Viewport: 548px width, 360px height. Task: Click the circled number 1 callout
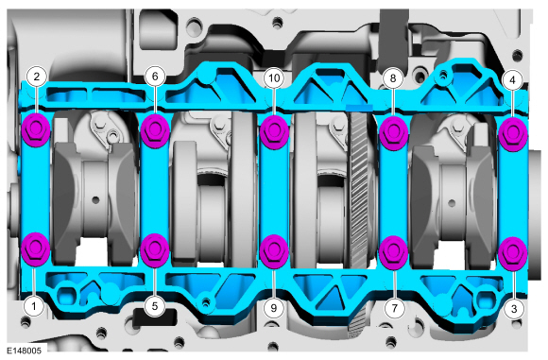[x=34, y=306]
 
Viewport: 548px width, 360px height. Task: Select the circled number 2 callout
[x=36, y=77]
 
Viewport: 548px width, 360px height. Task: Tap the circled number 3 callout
[x=513, y=309]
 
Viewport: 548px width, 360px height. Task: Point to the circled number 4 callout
[x=512, y=80]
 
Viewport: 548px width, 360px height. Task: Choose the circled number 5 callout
[x=154, y=306]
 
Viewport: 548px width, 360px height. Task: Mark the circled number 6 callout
[x=155, y=77]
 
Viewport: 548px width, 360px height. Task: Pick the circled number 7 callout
[x=395, y=308]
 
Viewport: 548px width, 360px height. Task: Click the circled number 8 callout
[x=392, y=78]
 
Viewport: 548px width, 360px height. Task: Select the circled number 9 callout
[x=274, y=308]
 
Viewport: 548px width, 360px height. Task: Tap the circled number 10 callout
[x=274, y=78]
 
